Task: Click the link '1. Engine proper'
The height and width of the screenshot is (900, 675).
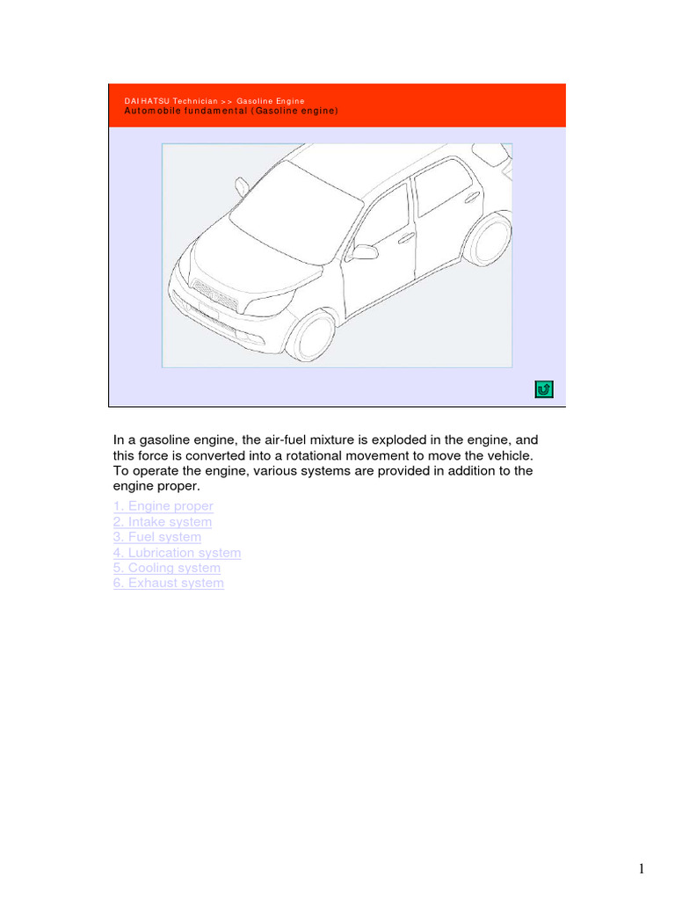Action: [x=163, y=506]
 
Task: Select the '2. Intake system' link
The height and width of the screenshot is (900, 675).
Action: [x=162, y=522]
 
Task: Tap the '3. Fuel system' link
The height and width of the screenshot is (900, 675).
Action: [x=156, y=537]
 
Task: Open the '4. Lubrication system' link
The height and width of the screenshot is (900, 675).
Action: [x=177, y=553]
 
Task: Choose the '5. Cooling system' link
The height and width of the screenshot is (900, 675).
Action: [x=166, y=568]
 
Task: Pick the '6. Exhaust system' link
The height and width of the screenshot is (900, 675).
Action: [x=168, y=583]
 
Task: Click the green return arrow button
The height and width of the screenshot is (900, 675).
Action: [x=543, y=389]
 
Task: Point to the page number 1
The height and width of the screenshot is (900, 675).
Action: [x=642, y=869]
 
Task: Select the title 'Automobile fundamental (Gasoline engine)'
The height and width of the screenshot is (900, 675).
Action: [x=230, y=112]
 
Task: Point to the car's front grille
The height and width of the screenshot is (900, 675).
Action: [x=215, y=295]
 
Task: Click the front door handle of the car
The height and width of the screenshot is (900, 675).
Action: [x=406, y=237]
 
